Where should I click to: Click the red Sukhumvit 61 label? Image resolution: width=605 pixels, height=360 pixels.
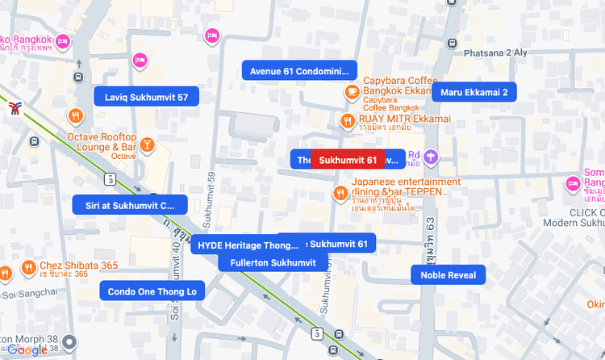tap(348, 160)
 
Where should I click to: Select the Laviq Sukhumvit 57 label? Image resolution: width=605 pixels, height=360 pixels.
tap(146, 97)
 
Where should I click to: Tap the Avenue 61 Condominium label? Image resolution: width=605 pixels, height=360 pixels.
tap(299, 70)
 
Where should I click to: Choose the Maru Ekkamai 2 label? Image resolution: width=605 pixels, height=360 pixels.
tap(474, 92)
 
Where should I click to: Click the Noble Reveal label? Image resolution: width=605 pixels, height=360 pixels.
tap(449, 275)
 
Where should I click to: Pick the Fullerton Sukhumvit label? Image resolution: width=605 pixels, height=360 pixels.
tap(273, 262)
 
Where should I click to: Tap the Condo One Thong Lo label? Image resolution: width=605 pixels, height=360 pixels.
tap(152, 291)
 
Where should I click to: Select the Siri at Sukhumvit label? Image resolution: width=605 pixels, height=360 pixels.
tap(130, 205)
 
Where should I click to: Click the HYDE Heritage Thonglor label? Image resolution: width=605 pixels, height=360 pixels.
tap(248, 245)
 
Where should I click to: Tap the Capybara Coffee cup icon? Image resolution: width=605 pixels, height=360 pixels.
tap(351, 92)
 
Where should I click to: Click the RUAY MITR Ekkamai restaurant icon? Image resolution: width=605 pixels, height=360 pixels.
tap(347, 121)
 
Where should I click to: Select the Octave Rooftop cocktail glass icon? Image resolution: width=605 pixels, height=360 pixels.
tap(147, 144)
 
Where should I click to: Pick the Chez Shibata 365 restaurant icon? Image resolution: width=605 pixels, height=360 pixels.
tap(29, 268)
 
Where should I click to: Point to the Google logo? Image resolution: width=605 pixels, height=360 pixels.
tap(27, 350)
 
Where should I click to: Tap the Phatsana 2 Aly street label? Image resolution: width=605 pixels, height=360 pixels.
tap(495, 52)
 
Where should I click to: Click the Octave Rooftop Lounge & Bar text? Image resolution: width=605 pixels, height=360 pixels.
tap(102, 142)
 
